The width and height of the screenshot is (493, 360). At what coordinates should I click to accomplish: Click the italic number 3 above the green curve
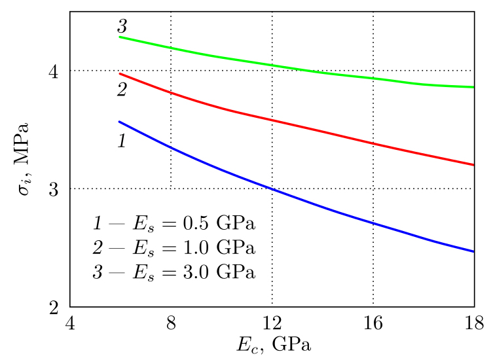tap(122, 26)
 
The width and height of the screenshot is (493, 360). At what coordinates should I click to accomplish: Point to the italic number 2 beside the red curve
tap(121, 90)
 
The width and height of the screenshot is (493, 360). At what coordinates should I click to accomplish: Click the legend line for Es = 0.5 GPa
tap(173, 225)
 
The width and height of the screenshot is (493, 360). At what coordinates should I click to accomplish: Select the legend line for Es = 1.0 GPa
tap(173, 249)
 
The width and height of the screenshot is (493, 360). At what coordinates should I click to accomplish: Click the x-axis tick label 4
tap(70, 323)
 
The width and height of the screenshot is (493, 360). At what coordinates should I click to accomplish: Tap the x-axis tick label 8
tap(171, 323)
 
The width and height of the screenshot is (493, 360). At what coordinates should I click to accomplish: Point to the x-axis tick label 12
tap(272, 323)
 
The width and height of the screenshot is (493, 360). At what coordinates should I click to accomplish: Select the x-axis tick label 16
tap(373, 323)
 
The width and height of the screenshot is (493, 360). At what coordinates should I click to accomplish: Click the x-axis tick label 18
tap(473, 323)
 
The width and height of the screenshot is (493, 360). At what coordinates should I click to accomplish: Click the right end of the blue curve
tap(473, 251)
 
